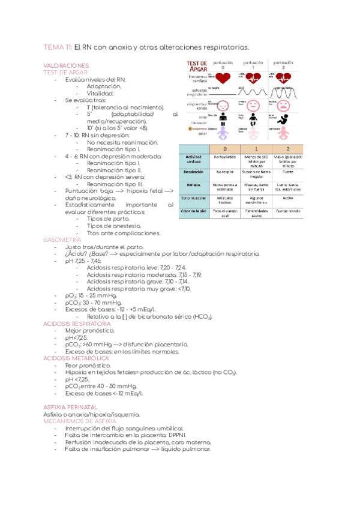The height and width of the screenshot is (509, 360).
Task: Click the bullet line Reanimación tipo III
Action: (115, 184)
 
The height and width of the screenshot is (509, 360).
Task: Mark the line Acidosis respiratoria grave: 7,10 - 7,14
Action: (137, 280)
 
